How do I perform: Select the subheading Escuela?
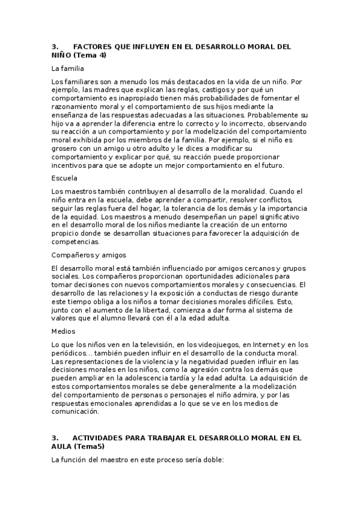click(x=65, y=178)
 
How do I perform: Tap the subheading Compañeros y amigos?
click(x=88, y=255)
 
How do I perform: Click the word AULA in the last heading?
click(x=62, y=449)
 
